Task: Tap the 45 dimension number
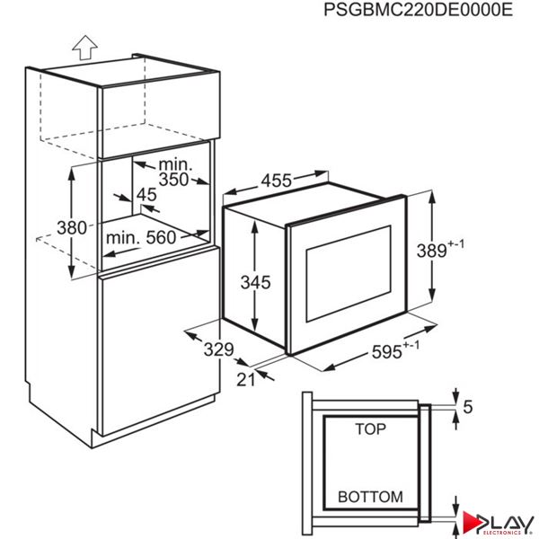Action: pyautogui.click(x=146, y=195)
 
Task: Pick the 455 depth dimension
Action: pyautogui.click(x=276, y=181)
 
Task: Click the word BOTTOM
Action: pyautogui.click(x=370, y=497)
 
